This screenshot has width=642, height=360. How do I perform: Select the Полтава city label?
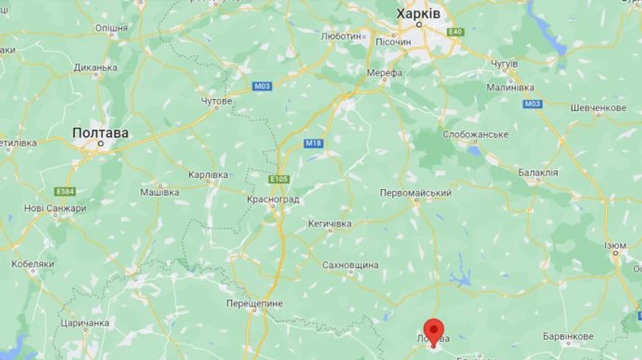coord(101,133)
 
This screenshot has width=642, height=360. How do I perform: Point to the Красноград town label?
coord(272,200)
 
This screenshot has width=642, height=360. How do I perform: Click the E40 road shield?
coord(456,32)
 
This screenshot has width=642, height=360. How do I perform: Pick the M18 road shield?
coord(313,143)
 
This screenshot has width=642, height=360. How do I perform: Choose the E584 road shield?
coord(65,192)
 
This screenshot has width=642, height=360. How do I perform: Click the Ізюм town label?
coord(615,245)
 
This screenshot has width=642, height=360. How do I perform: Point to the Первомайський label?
coord(416,193)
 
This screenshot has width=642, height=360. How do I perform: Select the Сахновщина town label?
coord(350,264)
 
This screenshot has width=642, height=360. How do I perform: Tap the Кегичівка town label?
coord(330,224)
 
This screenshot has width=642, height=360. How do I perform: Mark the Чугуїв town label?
coord(503,64)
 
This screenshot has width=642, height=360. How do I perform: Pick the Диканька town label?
coord(96,68)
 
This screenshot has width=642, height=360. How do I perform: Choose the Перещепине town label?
coord(254,304)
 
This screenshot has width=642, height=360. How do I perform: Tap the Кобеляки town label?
coord(33,264)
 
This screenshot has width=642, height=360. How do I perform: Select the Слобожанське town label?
coord(475,135)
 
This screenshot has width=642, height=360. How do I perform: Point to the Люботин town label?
coord(341,36)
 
